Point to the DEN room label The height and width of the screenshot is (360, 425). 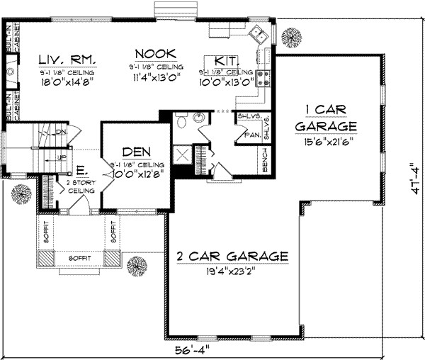[135, 152]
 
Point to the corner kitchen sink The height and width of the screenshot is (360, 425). [257, 33]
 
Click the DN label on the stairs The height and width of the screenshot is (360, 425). [62, 132]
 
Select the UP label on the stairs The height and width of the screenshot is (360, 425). [62, 157]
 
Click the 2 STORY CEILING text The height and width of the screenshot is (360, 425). [76, 186]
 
